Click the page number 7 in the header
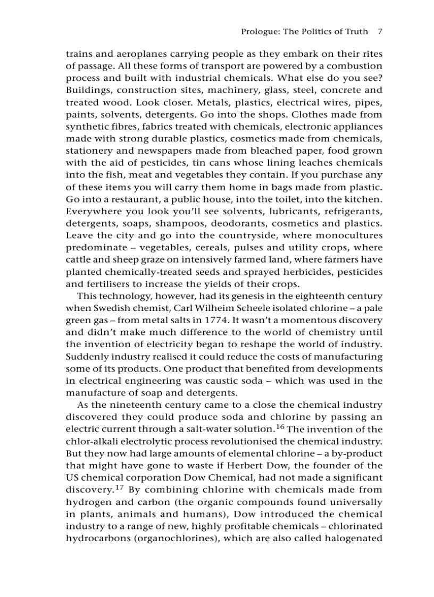pos(380,31)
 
